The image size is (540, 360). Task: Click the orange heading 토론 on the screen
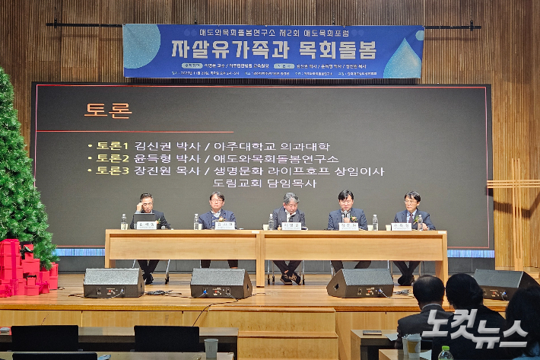click(108, 110)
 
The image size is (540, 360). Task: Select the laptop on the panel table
click(145, 220)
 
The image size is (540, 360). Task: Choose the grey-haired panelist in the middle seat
click(290, 208)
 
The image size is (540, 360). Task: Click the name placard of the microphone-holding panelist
click(348, 226)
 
